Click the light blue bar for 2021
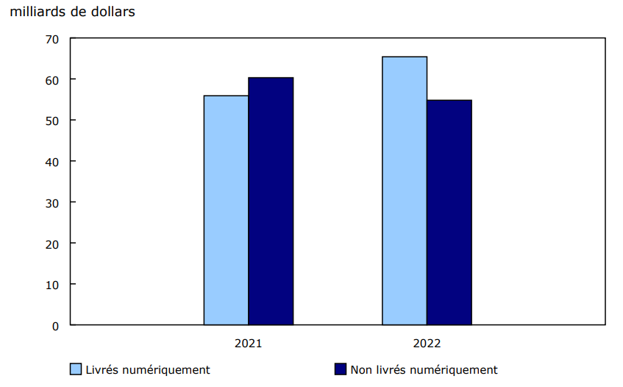click(x=226, y=210)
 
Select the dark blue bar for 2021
click(x=271, y=201)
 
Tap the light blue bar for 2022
click(x=405, y=191)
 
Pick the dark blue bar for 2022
click(x=449, y=212)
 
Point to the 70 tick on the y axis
click(x=51, y=38)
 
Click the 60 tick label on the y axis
click(x=51, y=79)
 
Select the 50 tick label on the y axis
click(x=51, y=120)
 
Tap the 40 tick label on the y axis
click(x=51, y=161)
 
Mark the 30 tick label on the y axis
click(x=51, y=202)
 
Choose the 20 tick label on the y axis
click(x=51, y=243)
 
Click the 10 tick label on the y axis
click(x=51, y=284)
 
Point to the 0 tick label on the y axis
click(x=55, y=325)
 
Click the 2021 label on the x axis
click(x=249, y=343)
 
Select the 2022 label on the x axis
click(x=427, y=343)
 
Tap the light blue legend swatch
click(x=76, y=369)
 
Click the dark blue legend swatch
click(x=341, y=369)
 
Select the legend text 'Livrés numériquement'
click(x=148, y=370)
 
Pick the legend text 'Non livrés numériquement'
click(x=424, y=370)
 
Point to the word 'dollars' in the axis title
click(x=113, y=13)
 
